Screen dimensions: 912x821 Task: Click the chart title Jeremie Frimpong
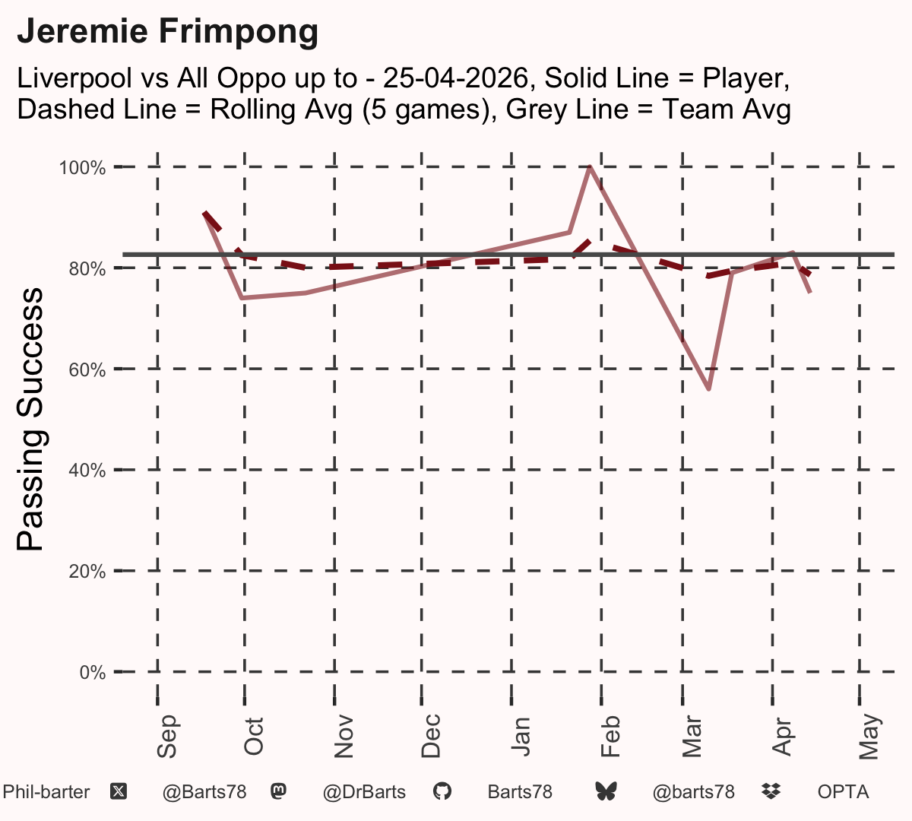coord(167,32)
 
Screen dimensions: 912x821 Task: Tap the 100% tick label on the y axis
coord(82,168)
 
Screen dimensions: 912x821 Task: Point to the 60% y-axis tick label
coord(87,369)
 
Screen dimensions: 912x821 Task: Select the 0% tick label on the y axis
coord(93,672)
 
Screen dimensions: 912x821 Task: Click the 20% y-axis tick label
coord(87,572)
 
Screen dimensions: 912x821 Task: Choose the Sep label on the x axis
coord(166,736)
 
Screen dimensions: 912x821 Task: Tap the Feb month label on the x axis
coord(610,736)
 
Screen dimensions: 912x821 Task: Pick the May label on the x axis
coord(869,737)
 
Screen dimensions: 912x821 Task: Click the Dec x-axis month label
coord(431,736)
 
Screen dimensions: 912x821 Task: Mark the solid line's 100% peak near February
coord(590,167)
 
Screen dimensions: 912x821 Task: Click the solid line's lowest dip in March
coord(709,389)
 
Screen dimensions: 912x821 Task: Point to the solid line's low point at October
coord(243,298)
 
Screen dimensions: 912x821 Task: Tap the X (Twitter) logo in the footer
coord(119,791)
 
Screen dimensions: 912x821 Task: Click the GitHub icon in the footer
coord(442,791)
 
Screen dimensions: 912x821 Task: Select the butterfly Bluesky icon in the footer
coord(606,791)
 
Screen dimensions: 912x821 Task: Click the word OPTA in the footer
coord(843,792)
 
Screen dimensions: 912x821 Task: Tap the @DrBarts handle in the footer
coord(364,792)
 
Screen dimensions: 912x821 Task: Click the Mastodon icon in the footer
coord(278,791)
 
